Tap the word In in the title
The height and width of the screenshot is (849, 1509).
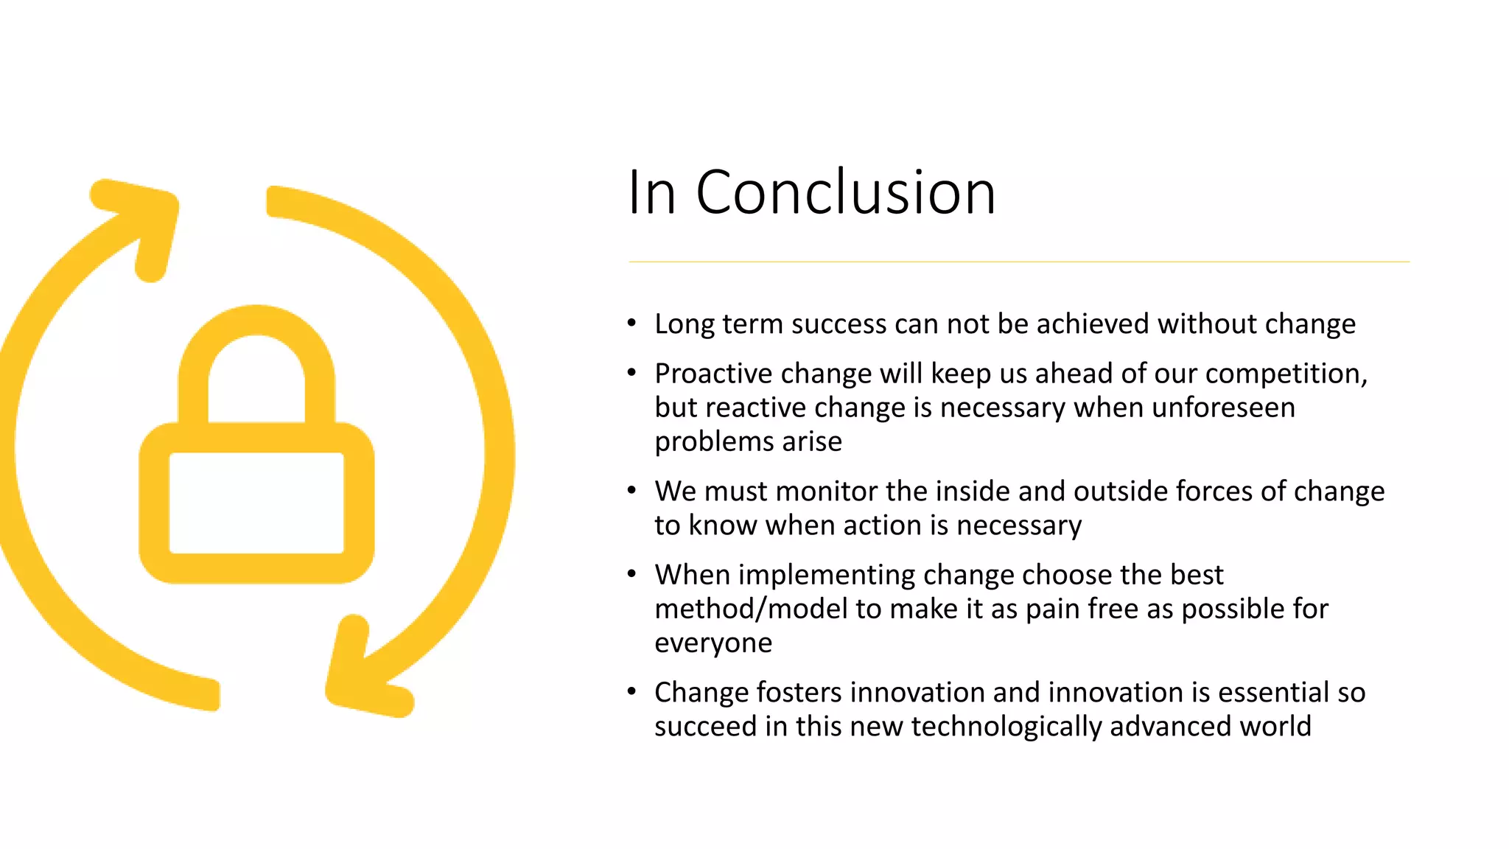coord(651,193)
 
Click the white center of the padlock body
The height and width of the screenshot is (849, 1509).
coord(256,503)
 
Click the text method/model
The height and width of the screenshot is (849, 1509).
coord(751,609)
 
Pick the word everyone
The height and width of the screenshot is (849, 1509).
coord(713,643)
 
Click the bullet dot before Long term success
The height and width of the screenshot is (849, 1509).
coord(631,323)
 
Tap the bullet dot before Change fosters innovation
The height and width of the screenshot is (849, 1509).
coord(631,691)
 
